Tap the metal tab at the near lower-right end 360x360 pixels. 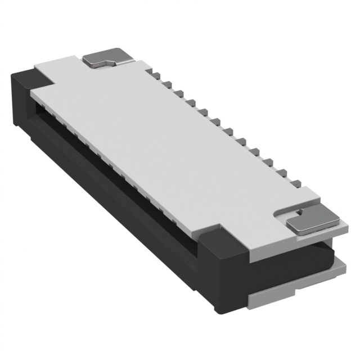tap(313, 223)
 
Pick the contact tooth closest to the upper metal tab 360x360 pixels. tap(153, 75)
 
